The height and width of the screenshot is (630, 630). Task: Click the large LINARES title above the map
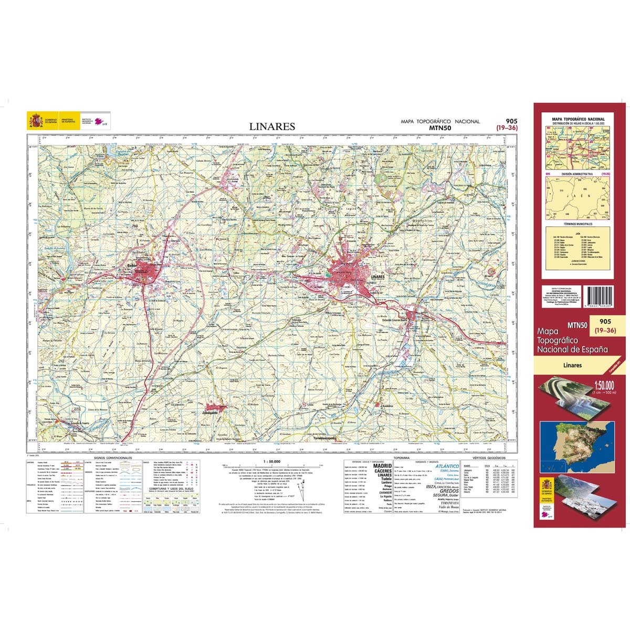pyautogui.click(x=272, y=127)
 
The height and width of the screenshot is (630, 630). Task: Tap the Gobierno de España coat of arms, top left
pyautogui.click(x=35, y=121)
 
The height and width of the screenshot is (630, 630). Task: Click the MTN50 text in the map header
pyautogui.click(x=440, y=127)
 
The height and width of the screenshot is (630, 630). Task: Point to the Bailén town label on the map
pyautogui.click(x=133, y=265)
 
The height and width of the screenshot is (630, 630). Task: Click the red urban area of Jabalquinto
pyautogui.click(x=214, y=407)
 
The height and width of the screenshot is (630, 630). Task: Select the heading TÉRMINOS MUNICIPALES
pyautogui.click(x=577, y=224)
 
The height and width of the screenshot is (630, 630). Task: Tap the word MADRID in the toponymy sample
pyautogui.click(x=382, y=466)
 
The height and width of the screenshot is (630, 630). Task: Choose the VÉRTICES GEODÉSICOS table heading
pyautogui.click(x=488, y=458)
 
